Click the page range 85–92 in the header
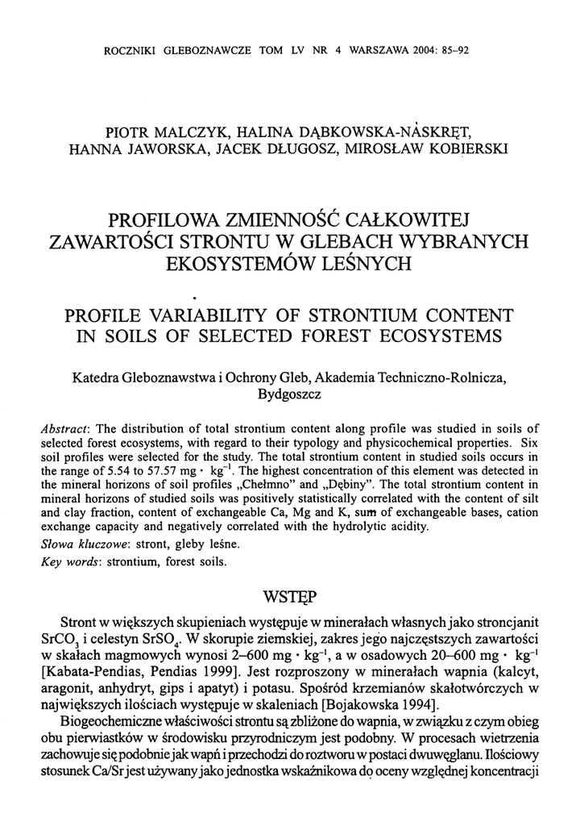454,50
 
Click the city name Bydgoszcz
289,394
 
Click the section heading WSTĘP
290,598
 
